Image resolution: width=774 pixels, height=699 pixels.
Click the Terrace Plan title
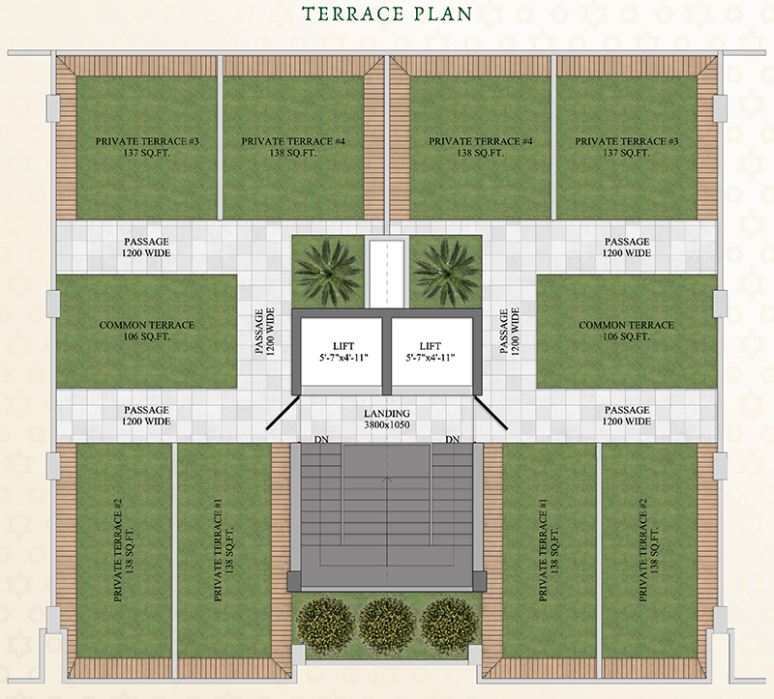coord(388,14)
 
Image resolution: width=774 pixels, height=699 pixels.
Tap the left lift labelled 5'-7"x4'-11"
coord(342,351)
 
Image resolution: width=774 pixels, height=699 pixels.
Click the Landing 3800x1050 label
coord(387,419)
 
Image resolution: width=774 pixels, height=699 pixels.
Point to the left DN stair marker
coord(321,439)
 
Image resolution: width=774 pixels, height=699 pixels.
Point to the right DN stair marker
coord(452,439)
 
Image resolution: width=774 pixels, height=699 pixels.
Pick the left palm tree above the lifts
coord(327,271)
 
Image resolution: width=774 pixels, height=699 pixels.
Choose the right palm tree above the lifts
coord(447,271)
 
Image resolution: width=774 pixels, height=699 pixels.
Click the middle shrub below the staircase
coord(387,626)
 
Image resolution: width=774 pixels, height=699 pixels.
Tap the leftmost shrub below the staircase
coord(326,626)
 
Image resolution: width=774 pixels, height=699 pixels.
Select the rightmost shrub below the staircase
coord(449,626)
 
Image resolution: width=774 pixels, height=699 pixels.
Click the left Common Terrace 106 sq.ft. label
coord(147,331)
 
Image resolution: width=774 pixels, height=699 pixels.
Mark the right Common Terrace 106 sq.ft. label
coord(626,331)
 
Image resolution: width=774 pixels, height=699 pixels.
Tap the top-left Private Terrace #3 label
coord(147,147)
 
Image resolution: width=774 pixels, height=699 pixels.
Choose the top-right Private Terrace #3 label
coord(626,147)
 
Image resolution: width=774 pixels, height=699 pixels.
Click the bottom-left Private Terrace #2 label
coord(124,550)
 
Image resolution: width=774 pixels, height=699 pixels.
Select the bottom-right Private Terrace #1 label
coord(548,550)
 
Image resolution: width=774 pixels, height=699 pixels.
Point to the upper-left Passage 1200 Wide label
coord(146,248)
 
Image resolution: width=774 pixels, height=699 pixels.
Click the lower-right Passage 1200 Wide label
coord(626,416)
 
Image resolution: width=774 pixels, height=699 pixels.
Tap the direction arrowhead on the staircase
coord(387,478)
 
